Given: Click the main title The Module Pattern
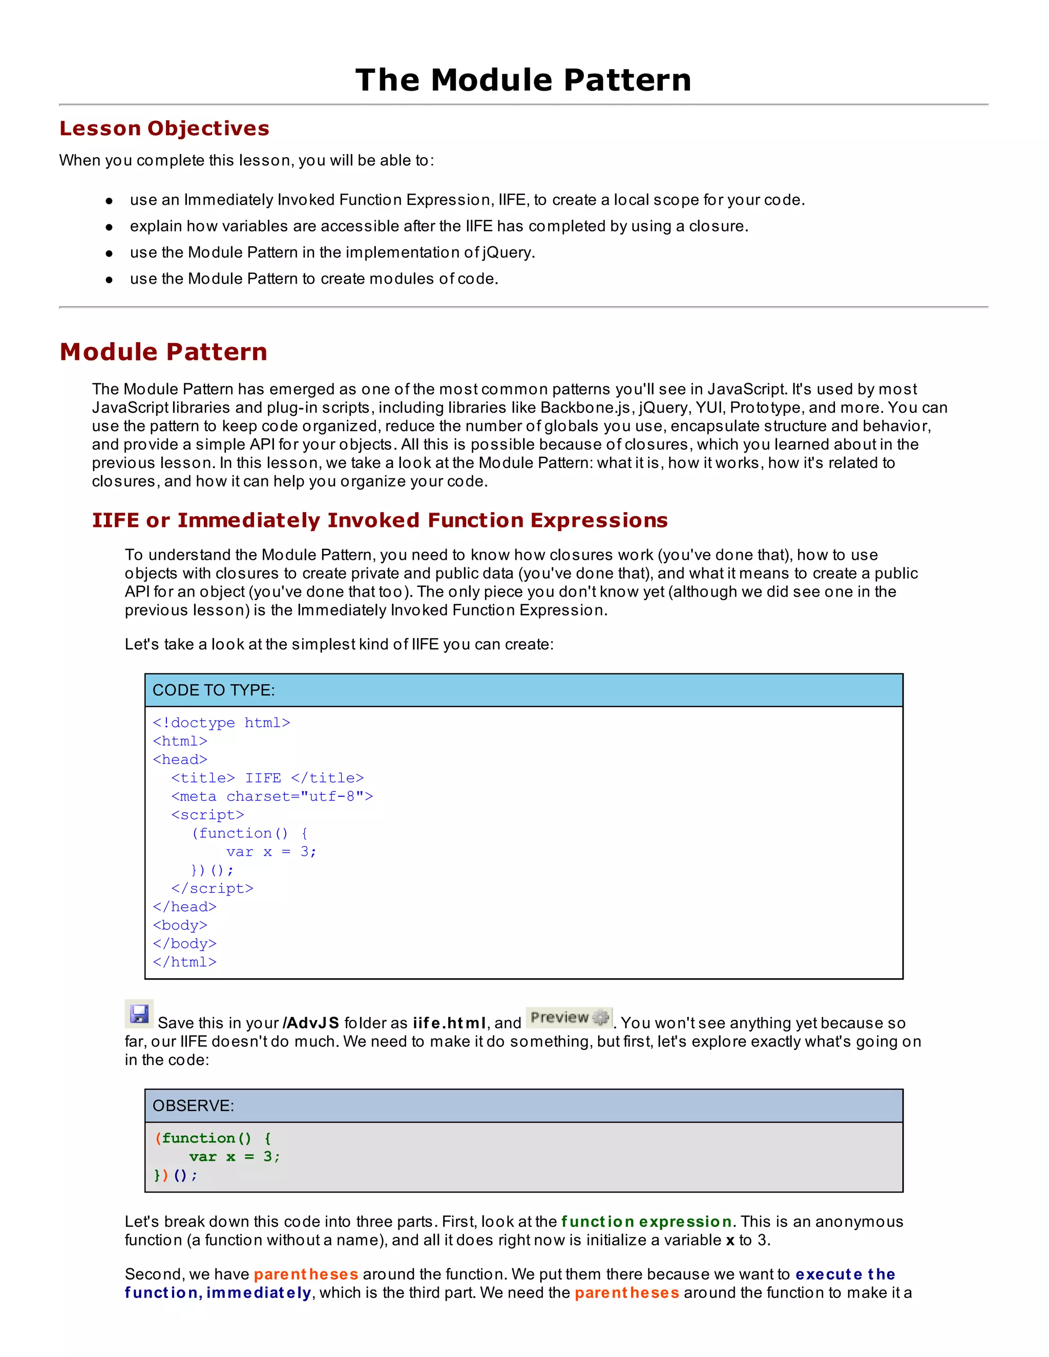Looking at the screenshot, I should click(x=523, y=80).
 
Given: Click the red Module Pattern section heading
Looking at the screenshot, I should click(x=163, y=352).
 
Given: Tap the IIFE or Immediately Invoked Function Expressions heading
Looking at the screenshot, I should click(x=380, y=520).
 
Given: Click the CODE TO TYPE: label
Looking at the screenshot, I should click(x=213, y=690).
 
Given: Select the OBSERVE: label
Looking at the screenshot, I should click(x=193, y=1106).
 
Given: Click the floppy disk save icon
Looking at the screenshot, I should click(x=139, y=1014).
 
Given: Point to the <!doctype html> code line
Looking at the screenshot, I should click(x=221, y=723).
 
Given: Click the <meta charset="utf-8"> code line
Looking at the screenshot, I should click(x=271, y=797).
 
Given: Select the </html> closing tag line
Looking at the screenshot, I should click(x=184, y=962).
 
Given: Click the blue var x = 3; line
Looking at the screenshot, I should click(x=271, y=852).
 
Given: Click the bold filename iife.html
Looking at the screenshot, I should click(x=449, y=1023).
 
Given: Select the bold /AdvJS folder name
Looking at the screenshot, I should click(x=311, y=1023).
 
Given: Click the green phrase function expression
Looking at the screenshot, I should click(x=646, y=1221).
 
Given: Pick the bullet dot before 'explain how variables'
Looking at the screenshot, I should click(x=110, y=227).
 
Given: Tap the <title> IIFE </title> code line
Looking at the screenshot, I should click(x=267, y=778).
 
